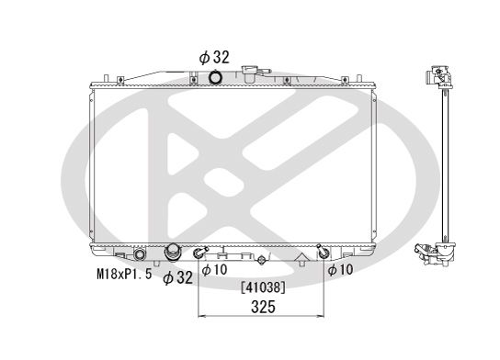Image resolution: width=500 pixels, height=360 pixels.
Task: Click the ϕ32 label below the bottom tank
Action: coord(177,277)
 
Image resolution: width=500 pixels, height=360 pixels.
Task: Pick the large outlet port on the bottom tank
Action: coord(172,253)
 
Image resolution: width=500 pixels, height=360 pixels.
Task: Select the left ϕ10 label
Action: coord(214,270)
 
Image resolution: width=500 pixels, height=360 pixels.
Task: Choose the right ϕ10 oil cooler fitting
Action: coord(321,252)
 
